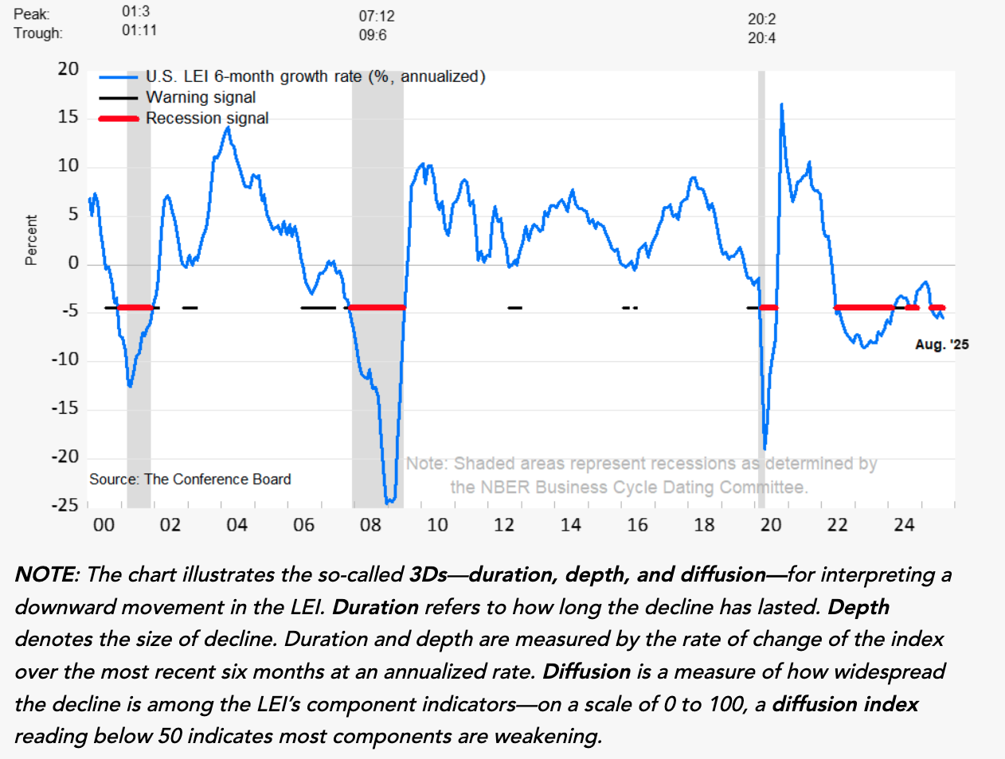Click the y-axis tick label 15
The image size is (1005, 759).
tap(68, 117)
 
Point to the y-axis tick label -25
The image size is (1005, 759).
tap(65, 505)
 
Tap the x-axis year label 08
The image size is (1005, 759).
tap(370, 525)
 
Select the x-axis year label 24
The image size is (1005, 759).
tap(904, 525)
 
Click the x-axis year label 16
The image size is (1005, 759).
tap(637, 525)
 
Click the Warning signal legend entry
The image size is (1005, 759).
tap(201, 97)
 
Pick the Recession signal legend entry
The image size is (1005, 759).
tap(207, 118)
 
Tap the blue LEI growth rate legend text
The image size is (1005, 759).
tap(315, 76)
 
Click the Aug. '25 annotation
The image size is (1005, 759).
tap(941, 344)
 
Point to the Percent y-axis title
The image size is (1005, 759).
tap(31, 239)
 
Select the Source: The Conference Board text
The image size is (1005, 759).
tap(190, 479)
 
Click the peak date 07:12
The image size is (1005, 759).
tap(377, 16)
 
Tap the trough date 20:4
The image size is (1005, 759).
tap(761, 38)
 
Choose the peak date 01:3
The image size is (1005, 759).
tap(136, 11)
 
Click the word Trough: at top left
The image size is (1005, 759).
tap(37, 33)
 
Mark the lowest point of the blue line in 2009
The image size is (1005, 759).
tap(388, 502)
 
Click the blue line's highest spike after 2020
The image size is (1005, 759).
tap(781, 104)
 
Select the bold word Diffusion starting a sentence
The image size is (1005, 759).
tap(586, 671)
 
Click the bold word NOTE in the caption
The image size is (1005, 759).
tap(46, 574)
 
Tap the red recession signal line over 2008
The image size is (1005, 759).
tap(377, 307)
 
